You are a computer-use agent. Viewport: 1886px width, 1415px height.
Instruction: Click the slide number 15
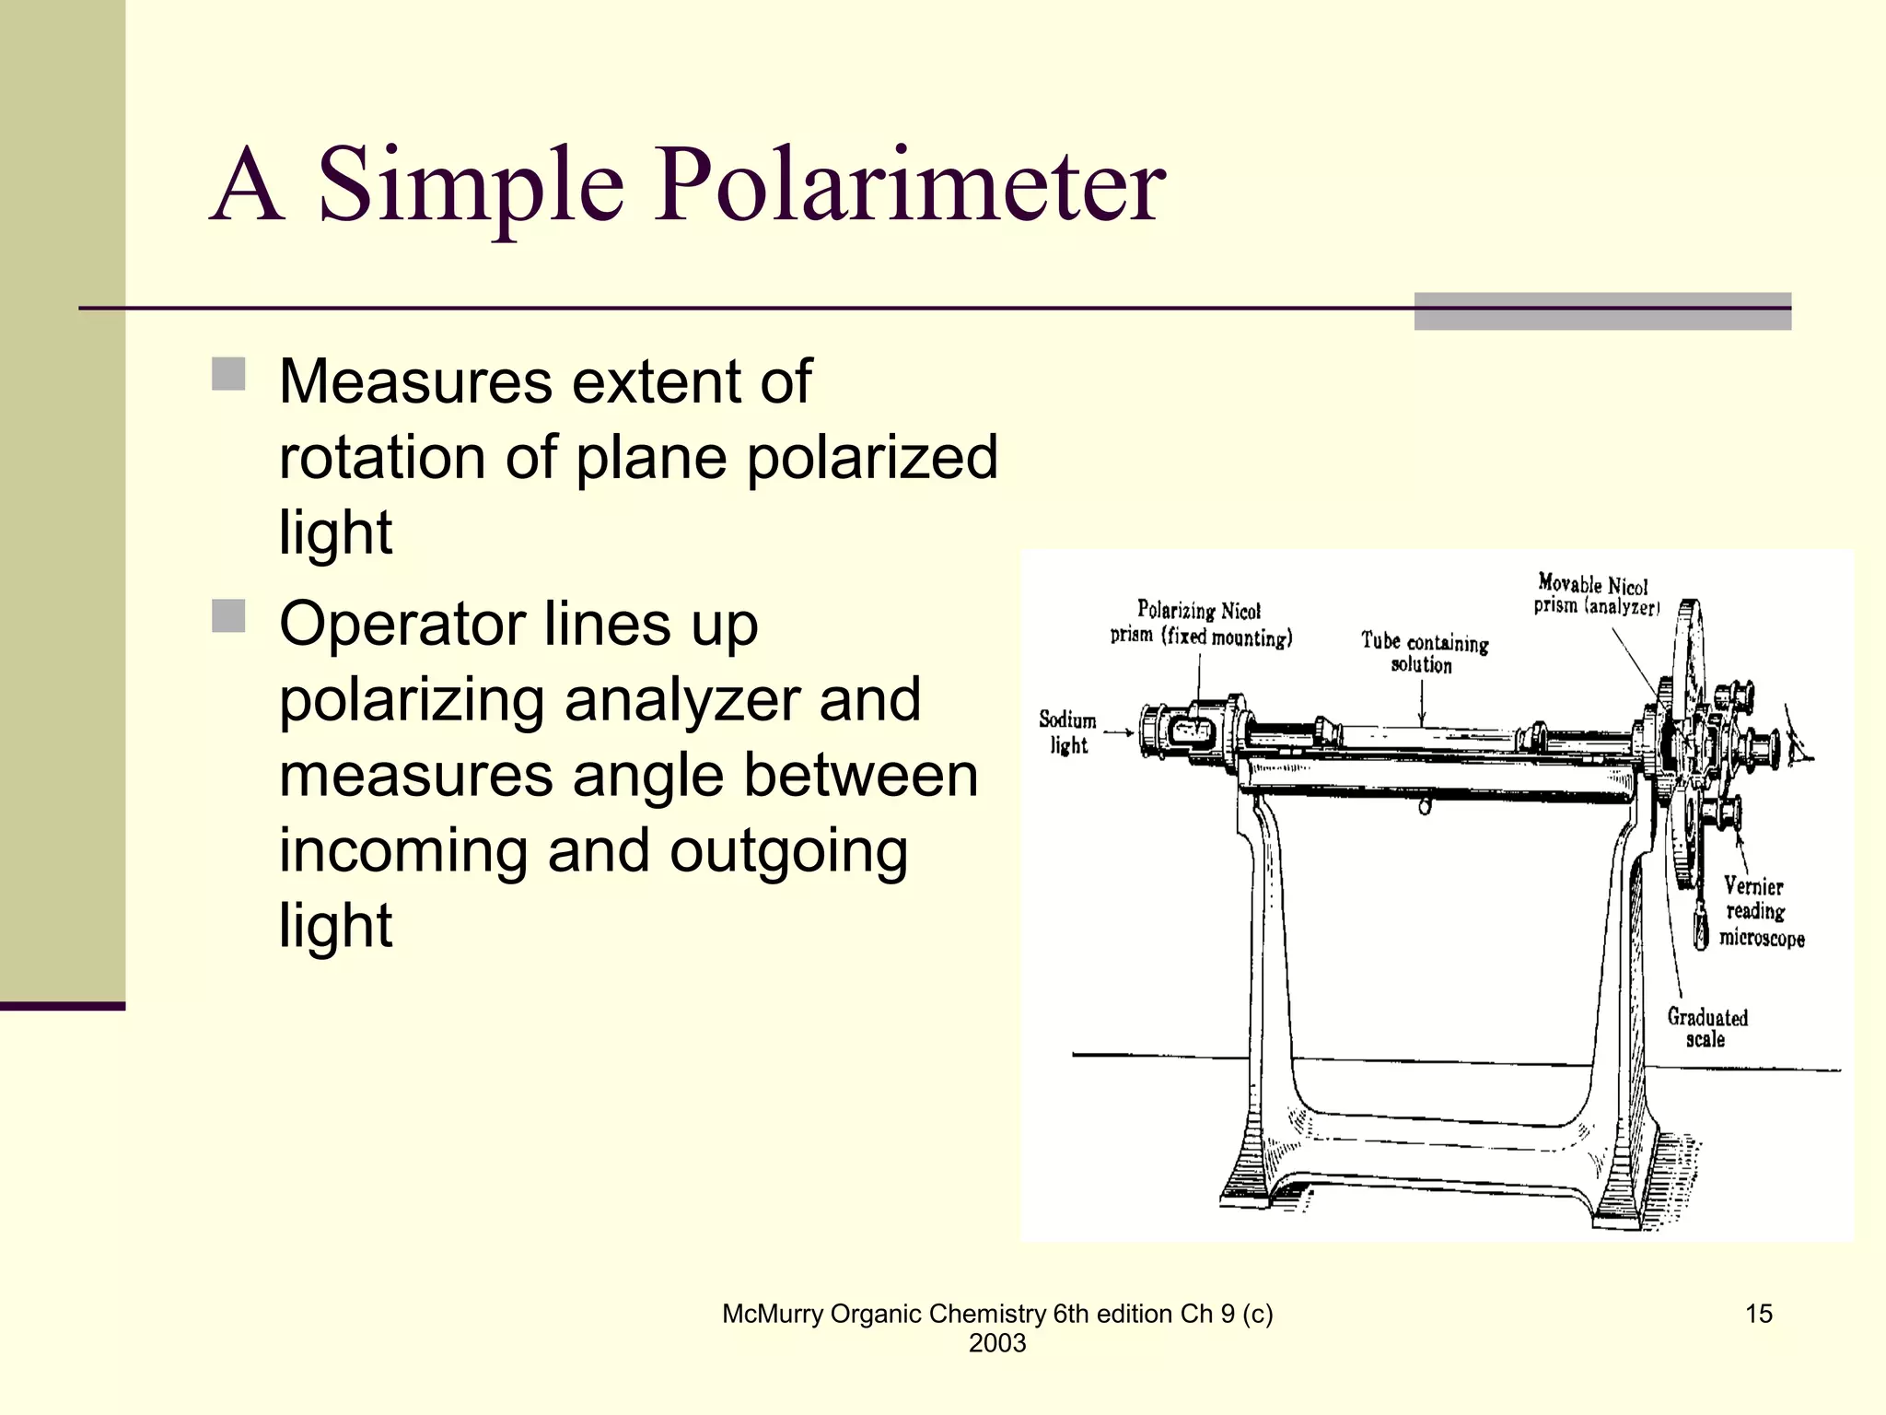(1758, 1314)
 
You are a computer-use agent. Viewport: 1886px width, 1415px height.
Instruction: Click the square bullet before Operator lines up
(228, 616)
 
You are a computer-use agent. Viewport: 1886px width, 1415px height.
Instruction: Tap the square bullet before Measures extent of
(228, 374)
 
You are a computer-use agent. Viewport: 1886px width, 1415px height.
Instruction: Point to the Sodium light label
(1067, 732)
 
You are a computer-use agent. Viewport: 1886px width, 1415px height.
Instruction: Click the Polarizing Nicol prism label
(1200, 624)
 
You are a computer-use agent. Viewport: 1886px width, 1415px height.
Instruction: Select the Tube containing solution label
(1424, 652)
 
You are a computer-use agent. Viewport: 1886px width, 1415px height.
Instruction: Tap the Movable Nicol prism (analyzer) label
(1596, 594)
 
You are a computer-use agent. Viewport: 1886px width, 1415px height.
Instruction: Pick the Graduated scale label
(1706, 1028)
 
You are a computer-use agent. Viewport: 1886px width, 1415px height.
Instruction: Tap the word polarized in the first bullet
(872, 457)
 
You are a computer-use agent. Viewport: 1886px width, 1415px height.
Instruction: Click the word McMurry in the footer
(773, 1314)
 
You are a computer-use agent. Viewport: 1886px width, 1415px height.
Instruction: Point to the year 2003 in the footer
(996, 1343)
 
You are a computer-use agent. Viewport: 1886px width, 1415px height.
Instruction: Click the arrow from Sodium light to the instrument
(1118, 733)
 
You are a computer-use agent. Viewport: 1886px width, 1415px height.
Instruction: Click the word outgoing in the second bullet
(788, 851)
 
